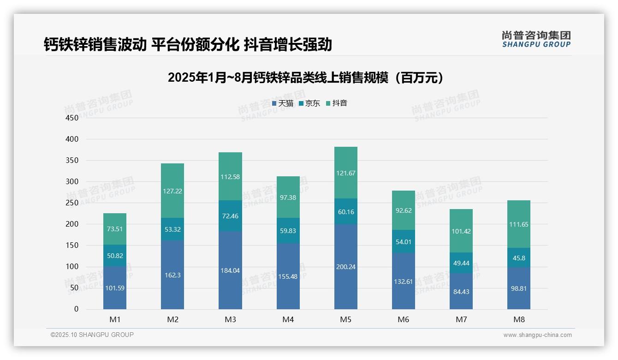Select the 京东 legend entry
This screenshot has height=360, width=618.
tap(309, 103)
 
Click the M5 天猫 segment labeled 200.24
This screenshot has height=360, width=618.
tap(345, 266)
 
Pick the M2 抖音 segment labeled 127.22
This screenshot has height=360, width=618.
tap(172, 191)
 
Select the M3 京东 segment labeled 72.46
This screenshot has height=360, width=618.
tap(230, 216)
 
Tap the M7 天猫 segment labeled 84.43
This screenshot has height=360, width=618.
tap(461, 291)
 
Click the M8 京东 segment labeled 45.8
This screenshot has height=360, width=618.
tap(518, 258)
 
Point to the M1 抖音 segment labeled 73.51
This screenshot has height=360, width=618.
tap(114, 229)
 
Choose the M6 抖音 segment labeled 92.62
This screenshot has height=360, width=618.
tap(403, 210)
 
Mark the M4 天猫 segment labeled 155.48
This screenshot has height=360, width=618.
tap(288, 276)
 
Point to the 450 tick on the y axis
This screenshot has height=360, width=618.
tap(72, 118)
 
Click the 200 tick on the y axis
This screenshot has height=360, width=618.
tap(72, 224)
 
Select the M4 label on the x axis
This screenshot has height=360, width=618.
tap(288, 319)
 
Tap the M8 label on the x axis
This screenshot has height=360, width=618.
tap(518, 319)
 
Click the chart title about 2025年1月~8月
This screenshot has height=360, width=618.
tap(306, 78)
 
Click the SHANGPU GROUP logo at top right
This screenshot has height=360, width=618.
tap(536, 39)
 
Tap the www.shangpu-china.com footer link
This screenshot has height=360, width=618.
tap(537, 335)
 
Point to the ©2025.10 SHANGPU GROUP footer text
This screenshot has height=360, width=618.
tap(92, 335)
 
